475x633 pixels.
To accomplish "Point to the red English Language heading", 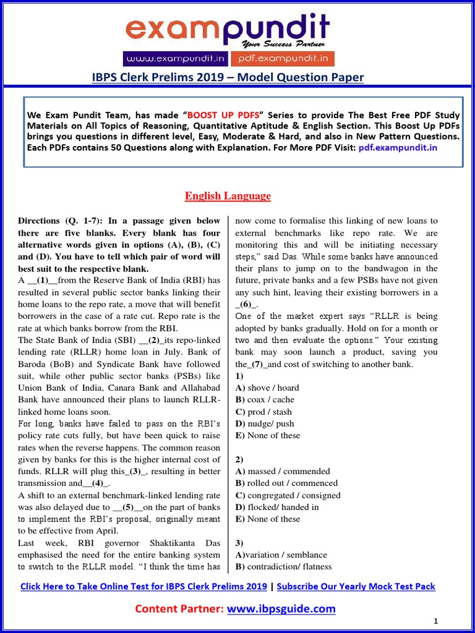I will click(x=228, y=196).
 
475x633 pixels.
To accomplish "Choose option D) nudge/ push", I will click(x=265, y=423).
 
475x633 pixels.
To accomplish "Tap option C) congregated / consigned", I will click(x=288, y=495).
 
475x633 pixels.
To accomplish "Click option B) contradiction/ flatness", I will click(x=283, y=566).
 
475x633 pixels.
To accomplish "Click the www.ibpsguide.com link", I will click(x=281, y=609).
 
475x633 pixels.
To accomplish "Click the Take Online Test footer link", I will click(x=143, y=586).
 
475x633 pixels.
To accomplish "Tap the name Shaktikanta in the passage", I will click(x=179, y=543).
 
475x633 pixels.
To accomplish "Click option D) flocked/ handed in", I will click(x=277, y=507).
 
